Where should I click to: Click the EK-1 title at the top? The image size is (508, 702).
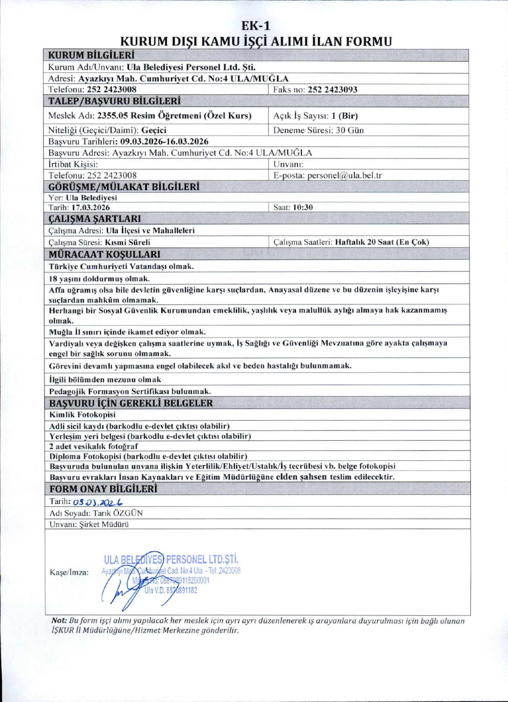tap(256, 26)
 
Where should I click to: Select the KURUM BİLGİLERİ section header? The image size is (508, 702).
tap(91, 55)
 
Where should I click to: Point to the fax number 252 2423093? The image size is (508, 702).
tap(332, 90)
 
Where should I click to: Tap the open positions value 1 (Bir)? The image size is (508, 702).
tap(344, 116)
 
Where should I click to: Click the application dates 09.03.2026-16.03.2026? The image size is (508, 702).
tap(164, 141)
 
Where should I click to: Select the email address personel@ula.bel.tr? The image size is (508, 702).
tap(344, 175)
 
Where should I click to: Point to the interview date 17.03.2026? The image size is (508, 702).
tap(90, 207)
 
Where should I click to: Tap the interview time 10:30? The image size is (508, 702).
tap(303, 207)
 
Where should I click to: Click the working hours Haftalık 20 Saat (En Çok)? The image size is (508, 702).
tap(382, 242)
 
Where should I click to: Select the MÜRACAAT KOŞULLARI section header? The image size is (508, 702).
tap(104, 254)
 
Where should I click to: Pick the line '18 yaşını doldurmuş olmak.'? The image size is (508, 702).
tap(99, 279)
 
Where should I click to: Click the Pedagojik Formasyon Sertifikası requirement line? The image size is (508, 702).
tap(130, 391)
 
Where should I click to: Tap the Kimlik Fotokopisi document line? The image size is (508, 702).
tap(82, 415)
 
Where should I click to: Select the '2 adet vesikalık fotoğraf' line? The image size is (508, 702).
tap(94, 446)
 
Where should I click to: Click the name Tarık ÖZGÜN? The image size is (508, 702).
tap(117, 513)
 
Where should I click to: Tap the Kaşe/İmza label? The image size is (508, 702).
tap(69, 573)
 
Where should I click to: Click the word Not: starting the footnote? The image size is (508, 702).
tap(59, 621)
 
